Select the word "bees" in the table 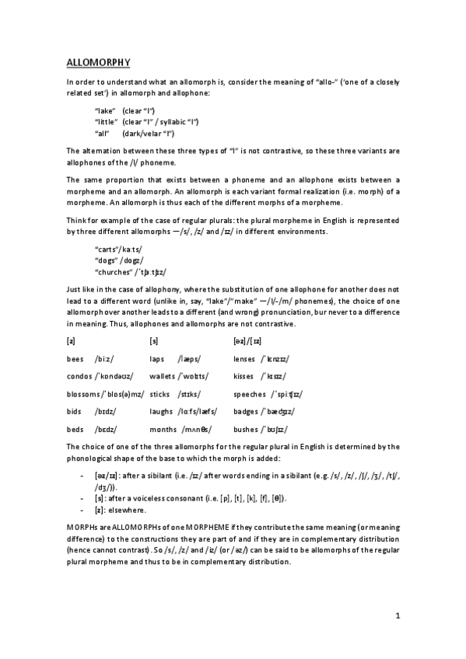point(75,359)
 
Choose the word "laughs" point(160,411)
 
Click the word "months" point(162,429)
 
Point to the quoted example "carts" point(105,248)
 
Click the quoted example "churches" point(112,272)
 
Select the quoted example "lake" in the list point(105,110)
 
